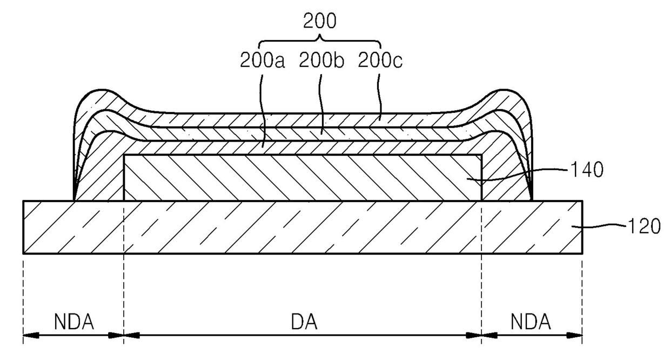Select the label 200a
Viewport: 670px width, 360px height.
262,61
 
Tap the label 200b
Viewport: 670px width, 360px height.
321,61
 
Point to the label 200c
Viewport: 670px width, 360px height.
380,61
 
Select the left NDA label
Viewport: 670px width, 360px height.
74,322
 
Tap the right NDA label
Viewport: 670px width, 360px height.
531,322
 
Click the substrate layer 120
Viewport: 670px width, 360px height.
303,227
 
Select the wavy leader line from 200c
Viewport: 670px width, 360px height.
380,92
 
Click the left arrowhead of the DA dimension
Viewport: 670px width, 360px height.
130,335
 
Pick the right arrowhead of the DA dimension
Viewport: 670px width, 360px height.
475,335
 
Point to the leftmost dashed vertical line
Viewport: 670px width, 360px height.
23,297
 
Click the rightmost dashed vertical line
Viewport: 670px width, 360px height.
582,297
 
